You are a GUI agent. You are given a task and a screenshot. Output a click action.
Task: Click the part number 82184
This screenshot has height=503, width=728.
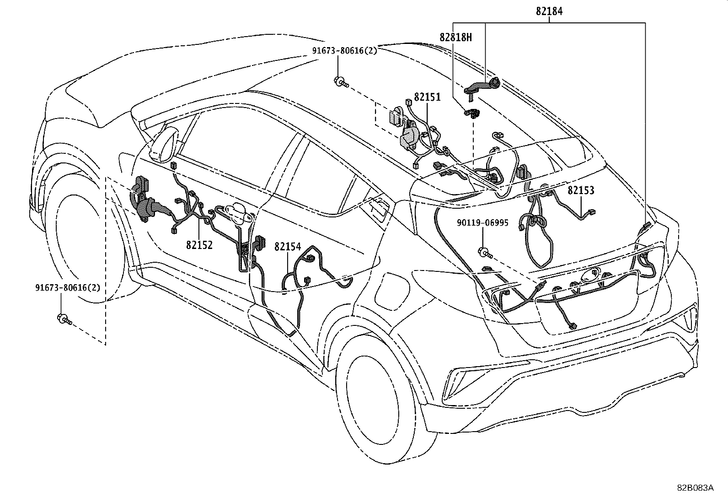coord(549,11)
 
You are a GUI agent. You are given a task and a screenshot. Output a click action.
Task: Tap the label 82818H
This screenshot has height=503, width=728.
coord(455,37)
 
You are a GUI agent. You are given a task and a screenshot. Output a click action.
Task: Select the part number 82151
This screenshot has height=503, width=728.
coord(427,97)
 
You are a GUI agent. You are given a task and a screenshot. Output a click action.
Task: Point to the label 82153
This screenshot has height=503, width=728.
coord(581,190)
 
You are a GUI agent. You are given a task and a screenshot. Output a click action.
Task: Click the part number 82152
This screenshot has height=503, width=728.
coord(199,245)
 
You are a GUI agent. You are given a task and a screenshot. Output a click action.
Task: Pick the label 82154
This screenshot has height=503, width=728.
coord(288,247)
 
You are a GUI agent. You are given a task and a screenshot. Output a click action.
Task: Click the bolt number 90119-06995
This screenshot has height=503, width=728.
coord(482,222)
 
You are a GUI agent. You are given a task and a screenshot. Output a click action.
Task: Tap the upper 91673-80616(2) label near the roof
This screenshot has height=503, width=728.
coord(345,51)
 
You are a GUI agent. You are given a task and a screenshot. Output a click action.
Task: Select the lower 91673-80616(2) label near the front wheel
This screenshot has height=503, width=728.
coord(68,287)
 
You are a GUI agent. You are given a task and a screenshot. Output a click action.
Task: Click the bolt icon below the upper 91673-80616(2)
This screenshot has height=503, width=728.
coord(341,82)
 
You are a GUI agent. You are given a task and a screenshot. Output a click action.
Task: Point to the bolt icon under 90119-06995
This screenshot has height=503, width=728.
coord(485,251)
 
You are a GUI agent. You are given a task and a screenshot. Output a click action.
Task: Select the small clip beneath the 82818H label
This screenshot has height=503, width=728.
coord(471,113)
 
